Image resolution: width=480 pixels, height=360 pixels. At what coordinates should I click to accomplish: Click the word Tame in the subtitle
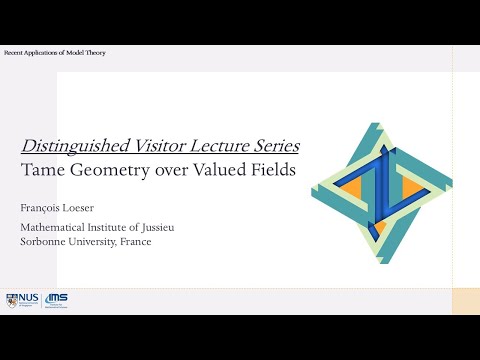point(42,170)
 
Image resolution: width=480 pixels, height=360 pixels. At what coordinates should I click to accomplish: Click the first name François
point(41,211)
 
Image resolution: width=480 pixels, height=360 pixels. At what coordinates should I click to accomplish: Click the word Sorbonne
point(45,243)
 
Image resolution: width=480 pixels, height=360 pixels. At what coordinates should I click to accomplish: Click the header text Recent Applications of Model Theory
point(55,52)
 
